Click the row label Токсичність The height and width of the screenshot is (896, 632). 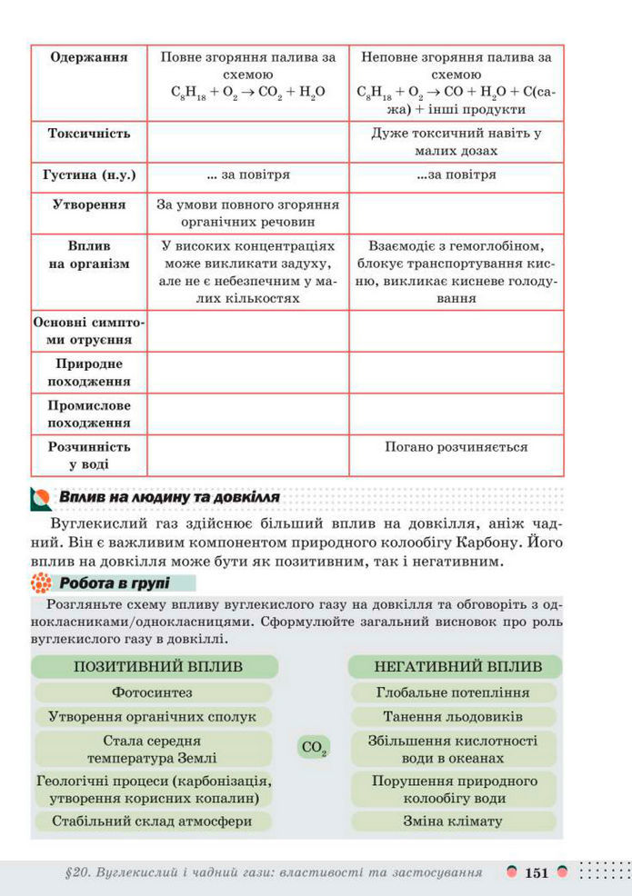tap(89, 134)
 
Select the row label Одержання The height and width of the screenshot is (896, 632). tap(89, 57)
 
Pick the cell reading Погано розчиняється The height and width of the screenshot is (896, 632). tap(456, 447)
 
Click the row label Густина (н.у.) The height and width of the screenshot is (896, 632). tap(89, 174)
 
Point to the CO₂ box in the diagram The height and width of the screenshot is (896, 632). tap(312, 749)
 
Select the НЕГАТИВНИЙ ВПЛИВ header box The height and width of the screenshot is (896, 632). tap(455, 666)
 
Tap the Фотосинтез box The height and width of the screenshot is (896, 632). tap(151, 692)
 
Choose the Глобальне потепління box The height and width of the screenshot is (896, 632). tap(455, 692)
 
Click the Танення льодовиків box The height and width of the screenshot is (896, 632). tap(455, 716)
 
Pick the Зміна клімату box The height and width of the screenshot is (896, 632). tap(455, 821)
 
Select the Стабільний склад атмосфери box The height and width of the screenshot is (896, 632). tap(151, 821)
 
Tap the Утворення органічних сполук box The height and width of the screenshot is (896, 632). tap(151, 716)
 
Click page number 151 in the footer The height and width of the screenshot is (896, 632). tap(537, 873)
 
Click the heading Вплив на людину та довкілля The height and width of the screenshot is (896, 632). tap(169, 498)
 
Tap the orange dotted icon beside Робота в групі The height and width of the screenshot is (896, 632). tap(40, 583)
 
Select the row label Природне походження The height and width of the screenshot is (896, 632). tap(89, 371)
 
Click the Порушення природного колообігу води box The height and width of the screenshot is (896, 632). tap(455, 789)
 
